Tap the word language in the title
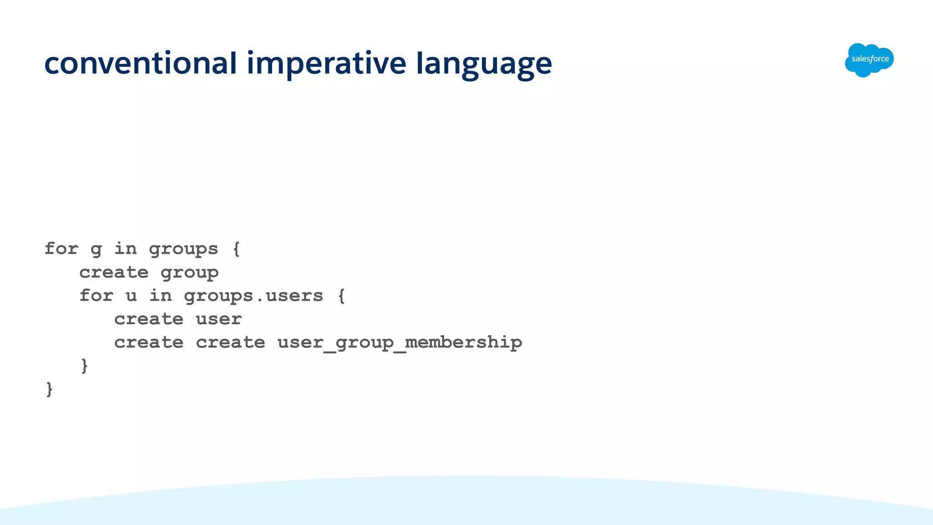pyautogui.click(x=484, y=64)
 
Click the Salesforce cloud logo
pyautogui.click(x=869, y=60)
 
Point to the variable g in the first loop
pyautogui.click(x=96, y=249)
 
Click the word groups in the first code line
pyautogui.click(x=184, y=250)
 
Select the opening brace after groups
pyautogui.click(x=236, y=249)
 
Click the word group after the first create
pyautogui.click(x=190, y=273)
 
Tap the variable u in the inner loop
pyautogui.click(x=131, y=296)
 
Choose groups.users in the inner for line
pyautogui.click(x=253, y=296)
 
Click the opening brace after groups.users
pyautogui.click(x=341, y=296)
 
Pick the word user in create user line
pyautogui.click(x=219, y=319)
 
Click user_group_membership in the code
pyautogui.click(x=400, y=342)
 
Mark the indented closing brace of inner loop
pyautogui.click(x=84, y=366)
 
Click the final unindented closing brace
pyautogui.click(x=49, y=389)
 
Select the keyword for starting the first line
pyautogui.click(x=62, y=249)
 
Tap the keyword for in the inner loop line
pyautogui.click(x=96, y=296)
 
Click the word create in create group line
pyautogui.click(x=114, y=273)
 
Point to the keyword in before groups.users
pyautogui.click(x=160, y=296)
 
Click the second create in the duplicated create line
pyautogui.click(x=231, y=342)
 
